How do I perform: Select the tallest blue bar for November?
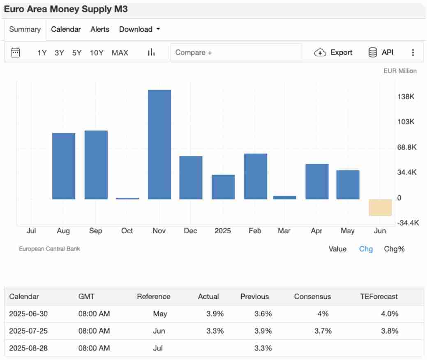pos(159,144)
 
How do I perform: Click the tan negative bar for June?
pos(380,207)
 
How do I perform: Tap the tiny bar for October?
pos(127,198)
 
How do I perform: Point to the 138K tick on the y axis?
pos(406,97)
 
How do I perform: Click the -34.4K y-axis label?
pos(408,223)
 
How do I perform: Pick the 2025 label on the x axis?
pos(223,231)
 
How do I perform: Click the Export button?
pos(333,52)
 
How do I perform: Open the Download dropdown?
pos(139,29)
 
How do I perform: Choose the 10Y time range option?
pos(97,53)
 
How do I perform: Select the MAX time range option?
pos(120,53)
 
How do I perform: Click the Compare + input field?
pos(236,52)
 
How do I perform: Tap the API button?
pos(381,52)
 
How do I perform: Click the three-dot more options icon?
pos(413,53)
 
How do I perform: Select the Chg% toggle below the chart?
pos(394,249)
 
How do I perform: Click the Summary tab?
pos(25,29)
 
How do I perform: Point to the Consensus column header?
pos(312,296)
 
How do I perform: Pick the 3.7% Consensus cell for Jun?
pos(323,331)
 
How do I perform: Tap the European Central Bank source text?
pos(49,249)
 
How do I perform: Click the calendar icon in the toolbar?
pos(15,52)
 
